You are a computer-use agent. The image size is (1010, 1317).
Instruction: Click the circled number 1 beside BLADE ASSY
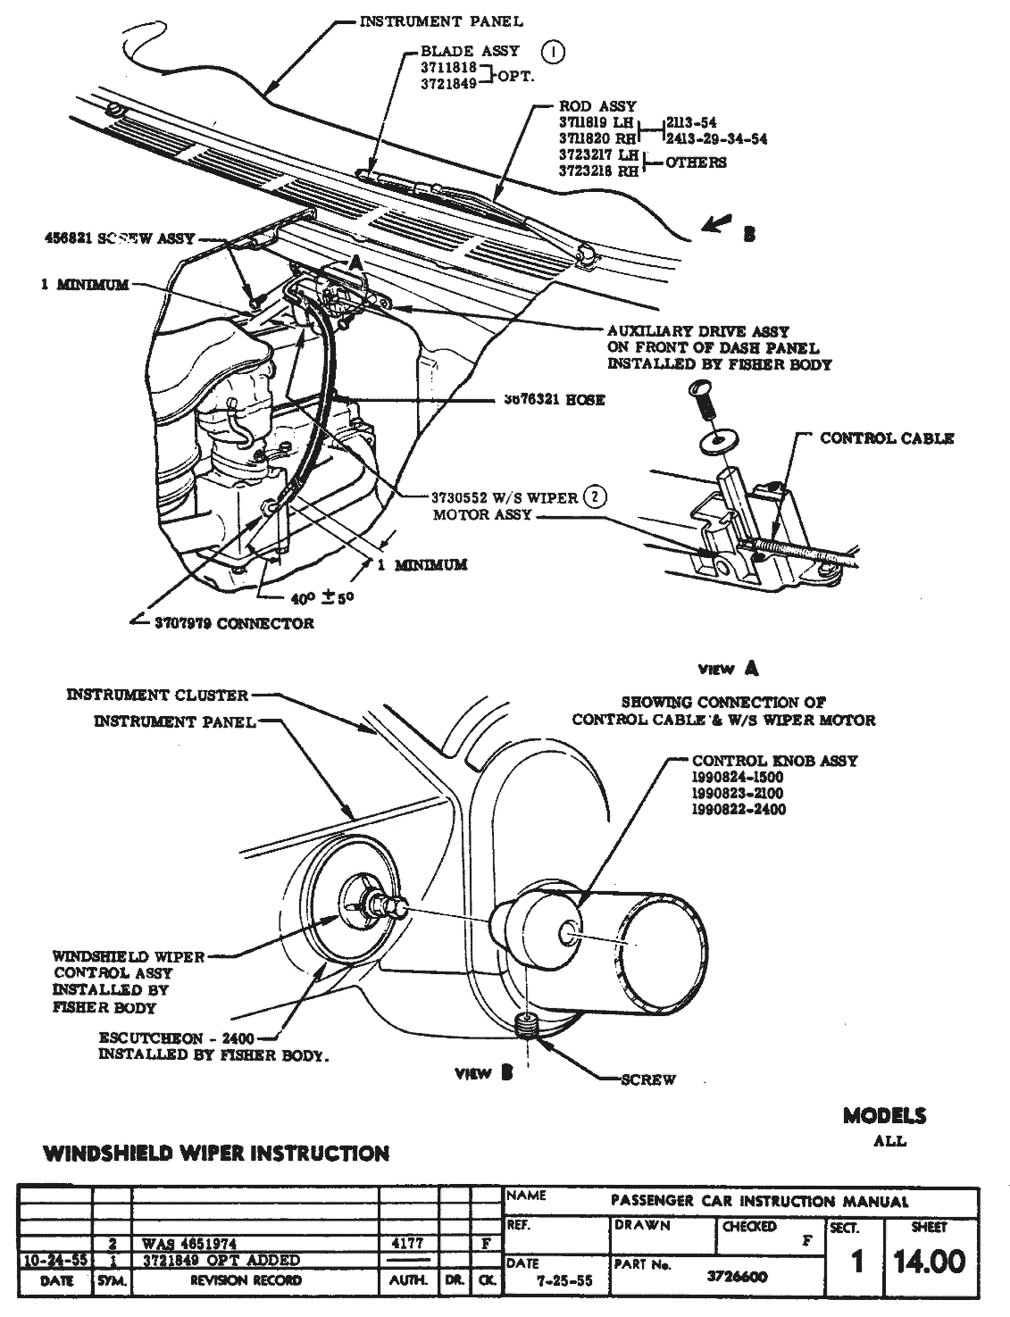(x=555, y=52)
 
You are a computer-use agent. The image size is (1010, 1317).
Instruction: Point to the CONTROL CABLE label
(x=887, y=438)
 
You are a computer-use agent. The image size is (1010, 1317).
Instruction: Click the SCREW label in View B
(x=648, y=1079)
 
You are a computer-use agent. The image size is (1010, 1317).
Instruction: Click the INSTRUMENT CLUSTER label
(x=157, y=695)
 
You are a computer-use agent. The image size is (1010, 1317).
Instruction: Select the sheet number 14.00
(x=931, y=1262)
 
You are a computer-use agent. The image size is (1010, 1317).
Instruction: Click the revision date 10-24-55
(x=54, y=1261)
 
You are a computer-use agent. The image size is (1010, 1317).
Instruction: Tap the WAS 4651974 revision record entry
(x=188, y=1243)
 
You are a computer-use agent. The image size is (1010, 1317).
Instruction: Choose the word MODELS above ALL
(x=884, y=1115)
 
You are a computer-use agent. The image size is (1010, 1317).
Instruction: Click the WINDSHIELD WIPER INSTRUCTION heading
(x=216, y=1154)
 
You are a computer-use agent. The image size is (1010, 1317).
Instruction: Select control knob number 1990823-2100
(x=738, y=793)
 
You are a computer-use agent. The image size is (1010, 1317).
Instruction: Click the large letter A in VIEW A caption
(x=751, y=667)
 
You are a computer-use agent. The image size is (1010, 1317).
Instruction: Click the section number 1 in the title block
(x=857, y=1262)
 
